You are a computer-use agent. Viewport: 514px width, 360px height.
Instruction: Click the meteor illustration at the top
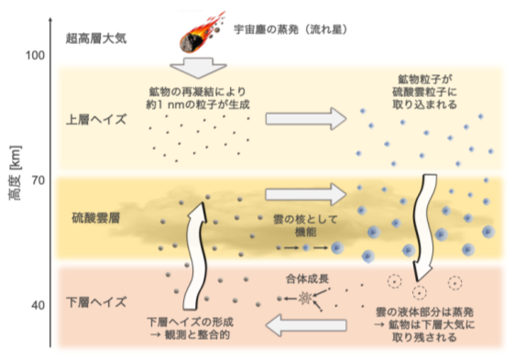pos(195,32)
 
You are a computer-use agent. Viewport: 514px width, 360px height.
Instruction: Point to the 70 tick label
pos(38,180)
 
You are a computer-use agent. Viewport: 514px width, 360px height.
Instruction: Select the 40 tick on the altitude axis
pos(38,305)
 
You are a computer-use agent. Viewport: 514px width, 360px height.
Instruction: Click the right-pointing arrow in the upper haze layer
pos(306,118)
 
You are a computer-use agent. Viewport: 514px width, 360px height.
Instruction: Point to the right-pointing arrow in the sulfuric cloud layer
pos(306,194)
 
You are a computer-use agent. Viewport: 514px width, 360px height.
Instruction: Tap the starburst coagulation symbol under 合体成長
pos(302,298)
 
